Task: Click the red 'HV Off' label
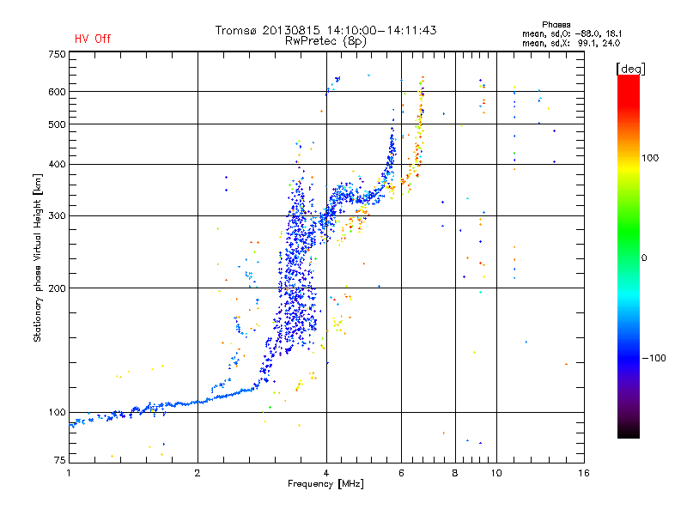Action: (93, 39)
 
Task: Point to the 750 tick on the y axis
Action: (57, 54)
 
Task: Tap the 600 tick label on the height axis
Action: (57, 92)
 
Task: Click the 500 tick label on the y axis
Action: (57, 124)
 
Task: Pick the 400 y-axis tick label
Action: (57, 164)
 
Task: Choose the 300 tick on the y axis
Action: (57, 215)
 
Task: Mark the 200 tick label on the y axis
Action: (57, 288)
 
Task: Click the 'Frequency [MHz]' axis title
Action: (325, 484)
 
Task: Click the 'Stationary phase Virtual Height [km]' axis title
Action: (38, 257)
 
